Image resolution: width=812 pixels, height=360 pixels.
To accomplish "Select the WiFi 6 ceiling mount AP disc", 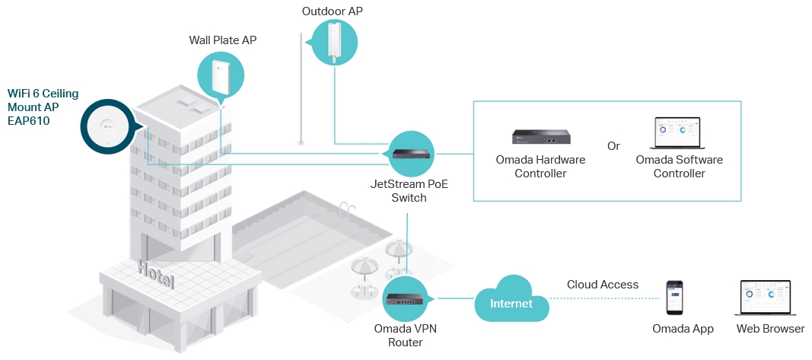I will click(106, 127).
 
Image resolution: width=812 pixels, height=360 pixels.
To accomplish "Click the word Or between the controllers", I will click(613, 145).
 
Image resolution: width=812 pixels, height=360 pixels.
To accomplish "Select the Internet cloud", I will click(511, 303).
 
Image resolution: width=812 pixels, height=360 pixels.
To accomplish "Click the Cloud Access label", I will click(603, 285).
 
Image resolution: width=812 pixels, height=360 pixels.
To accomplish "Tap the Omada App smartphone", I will click(675, 298).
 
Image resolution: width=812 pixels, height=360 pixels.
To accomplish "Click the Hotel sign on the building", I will click(156, 275).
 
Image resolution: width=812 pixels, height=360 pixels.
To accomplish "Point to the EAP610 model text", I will click(29, 120).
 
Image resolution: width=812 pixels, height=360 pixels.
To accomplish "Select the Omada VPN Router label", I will click(409, 336).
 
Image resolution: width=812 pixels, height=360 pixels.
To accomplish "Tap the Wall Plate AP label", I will click(223, 40).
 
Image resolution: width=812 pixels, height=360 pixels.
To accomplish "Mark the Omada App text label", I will click(683, 329).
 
